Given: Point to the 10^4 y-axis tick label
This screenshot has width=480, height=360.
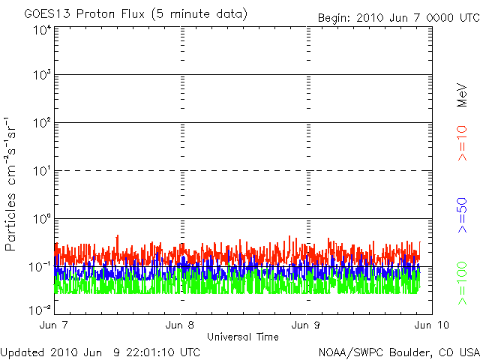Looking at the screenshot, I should [42, 30].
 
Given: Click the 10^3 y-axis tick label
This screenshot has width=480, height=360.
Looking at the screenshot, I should [42, 76].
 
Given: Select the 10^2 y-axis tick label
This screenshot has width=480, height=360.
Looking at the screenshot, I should [42, 124].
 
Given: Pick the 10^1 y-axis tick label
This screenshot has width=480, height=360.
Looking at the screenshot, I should [42, 172].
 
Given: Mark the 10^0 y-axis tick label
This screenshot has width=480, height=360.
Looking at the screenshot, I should [42, 220].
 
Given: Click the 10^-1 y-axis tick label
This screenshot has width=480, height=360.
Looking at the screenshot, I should [40, 267].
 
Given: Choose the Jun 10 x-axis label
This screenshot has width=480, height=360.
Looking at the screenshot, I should [428, 325].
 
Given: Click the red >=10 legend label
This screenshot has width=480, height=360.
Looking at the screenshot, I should [463, 143].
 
